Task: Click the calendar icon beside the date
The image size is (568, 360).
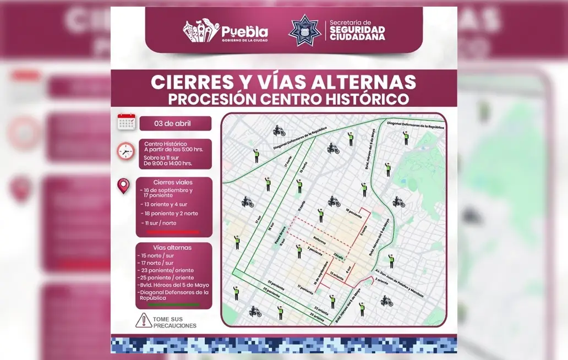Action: tap(127, 122)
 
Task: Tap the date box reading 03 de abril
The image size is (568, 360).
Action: tap(175, 123)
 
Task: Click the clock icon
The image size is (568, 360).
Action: tap(126, 151)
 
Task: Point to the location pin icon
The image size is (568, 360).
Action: tap(124, 186)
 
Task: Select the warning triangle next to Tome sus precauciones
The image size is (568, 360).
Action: tap(144, 320)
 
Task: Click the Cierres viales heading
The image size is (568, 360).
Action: tap(173, 182)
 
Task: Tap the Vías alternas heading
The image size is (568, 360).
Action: tap(173, 248)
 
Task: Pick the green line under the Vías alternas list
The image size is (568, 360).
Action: tap(173, 304)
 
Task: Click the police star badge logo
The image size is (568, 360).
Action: tap(305, 30)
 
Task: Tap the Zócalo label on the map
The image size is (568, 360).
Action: tap(340, 255)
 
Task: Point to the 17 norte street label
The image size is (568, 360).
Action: tap(286, 160)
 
